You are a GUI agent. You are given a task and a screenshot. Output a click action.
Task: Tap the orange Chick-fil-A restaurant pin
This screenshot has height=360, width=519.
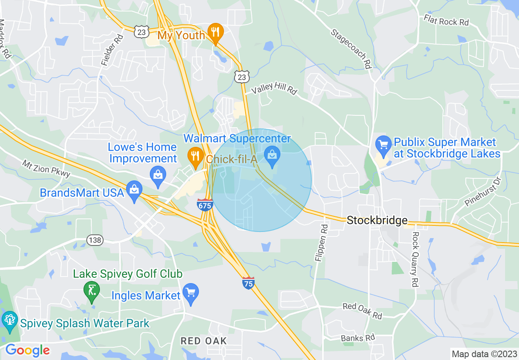(196, 156)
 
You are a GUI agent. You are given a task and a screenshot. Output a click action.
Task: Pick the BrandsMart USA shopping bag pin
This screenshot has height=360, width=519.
(134, 190)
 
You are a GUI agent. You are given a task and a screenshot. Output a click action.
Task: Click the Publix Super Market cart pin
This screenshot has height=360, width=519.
(383, 145)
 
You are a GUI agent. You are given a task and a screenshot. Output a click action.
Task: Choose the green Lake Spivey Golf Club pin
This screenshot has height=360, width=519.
(91, 291)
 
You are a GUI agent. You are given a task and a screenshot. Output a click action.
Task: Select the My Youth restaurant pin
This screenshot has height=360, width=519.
(215, 32)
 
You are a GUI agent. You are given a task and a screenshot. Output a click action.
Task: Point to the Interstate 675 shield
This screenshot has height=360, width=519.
(205, 204)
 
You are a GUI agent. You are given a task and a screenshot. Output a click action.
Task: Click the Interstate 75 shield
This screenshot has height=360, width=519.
(248, 283)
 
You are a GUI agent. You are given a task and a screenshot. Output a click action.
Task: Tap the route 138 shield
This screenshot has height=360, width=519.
(95, 240)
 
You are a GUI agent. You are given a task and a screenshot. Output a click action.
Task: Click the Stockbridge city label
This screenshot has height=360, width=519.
(377, 220)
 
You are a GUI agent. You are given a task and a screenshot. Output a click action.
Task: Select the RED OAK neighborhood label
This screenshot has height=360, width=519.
(203, 341)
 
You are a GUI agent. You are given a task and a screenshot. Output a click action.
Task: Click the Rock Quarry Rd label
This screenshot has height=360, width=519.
(415, 259)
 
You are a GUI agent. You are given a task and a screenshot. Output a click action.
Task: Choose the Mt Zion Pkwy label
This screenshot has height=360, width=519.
(46, 168)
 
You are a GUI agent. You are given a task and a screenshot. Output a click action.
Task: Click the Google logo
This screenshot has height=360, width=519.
(27, 351)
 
